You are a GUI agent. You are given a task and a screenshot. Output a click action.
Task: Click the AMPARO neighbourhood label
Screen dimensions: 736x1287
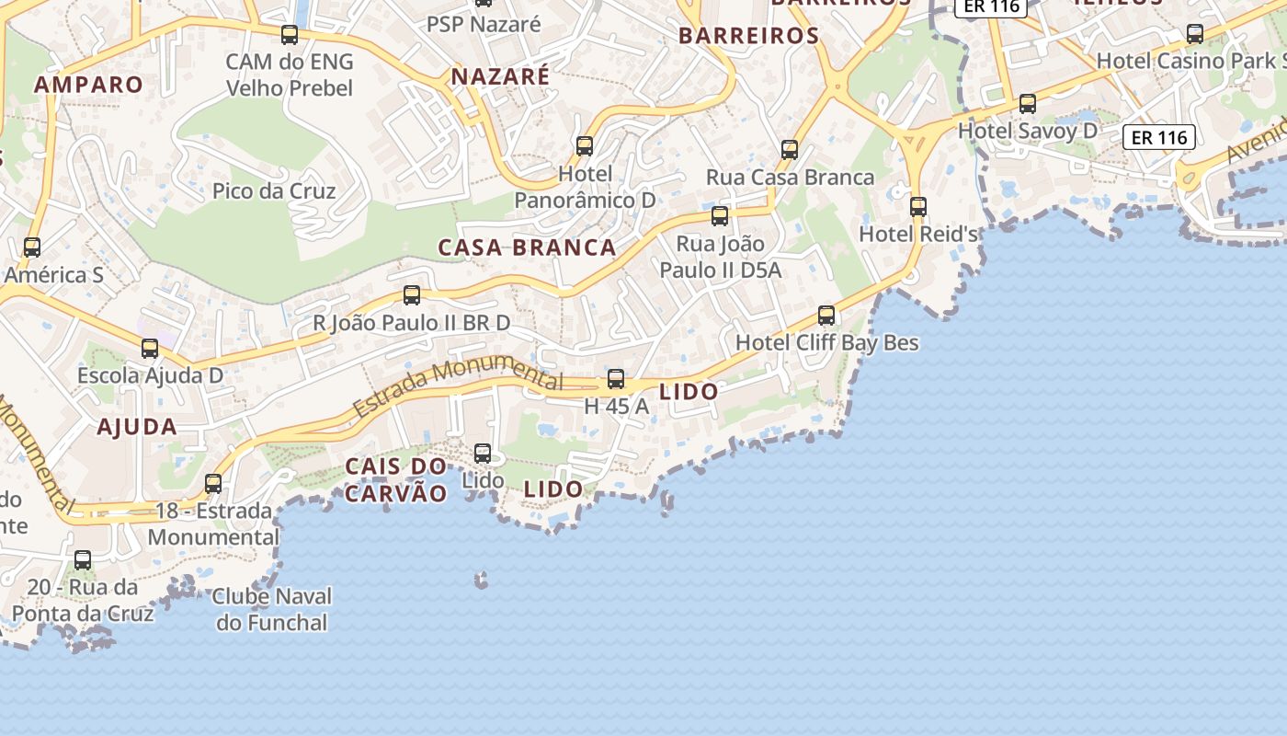point(88,85)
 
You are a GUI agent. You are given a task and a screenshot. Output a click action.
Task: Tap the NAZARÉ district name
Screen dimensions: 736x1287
point(500,76)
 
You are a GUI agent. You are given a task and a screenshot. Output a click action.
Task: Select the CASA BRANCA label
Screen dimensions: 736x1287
point(527,247)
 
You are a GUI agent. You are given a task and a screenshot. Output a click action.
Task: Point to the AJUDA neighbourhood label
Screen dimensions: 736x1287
point(137,427)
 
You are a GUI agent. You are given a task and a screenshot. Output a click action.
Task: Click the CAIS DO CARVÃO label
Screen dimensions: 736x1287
point(395,480)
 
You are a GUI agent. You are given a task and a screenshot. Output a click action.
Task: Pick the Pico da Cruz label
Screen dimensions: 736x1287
point(274,191)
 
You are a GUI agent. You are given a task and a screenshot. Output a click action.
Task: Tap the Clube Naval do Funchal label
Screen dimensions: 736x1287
point(271,609)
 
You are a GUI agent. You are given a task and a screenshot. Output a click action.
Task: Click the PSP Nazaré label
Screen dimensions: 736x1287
point(484,25)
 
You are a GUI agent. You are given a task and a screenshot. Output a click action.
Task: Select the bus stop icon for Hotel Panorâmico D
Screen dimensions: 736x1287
point(585,146)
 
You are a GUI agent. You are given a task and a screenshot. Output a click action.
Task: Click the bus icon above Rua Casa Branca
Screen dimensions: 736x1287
point(790,150)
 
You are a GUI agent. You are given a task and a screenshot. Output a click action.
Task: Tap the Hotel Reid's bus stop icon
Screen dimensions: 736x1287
point(917,207)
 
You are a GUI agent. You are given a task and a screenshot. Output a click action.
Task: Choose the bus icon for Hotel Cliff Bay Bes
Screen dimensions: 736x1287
point(826,316)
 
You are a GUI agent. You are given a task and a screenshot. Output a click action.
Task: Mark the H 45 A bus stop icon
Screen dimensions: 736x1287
point(616,379)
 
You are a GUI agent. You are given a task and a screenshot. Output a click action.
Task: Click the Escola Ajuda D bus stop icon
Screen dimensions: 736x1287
point(150,349)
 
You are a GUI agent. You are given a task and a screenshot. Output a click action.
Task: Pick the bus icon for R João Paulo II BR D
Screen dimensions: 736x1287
point(412,295)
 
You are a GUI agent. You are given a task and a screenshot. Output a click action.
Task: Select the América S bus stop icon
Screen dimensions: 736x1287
point(32,247)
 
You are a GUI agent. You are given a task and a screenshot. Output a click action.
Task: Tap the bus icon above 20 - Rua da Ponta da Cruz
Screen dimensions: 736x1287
point(83,559)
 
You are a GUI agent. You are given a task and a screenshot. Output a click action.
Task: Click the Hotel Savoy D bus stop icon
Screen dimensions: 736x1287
point(1028,104)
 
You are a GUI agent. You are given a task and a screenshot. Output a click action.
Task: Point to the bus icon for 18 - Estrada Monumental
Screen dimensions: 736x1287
point(213,483)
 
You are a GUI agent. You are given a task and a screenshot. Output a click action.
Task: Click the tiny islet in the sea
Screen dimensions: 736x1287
point(481,580)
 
